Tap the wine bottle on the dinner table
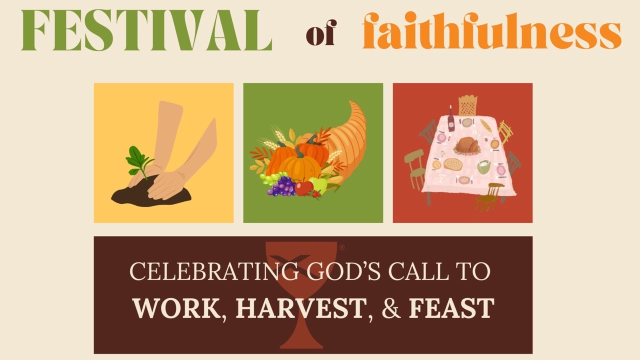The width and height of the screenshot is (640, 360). click(451, 120)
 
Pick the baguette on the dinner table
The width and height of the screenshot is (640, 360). click(486, 125)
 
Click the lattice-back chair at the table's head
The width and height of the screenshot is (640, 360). click(467, 105)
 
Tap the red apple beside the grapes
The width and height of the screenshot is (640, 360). click(303, 188)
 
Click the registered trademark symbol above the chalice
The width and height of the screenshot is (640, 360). click(342, 247)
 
